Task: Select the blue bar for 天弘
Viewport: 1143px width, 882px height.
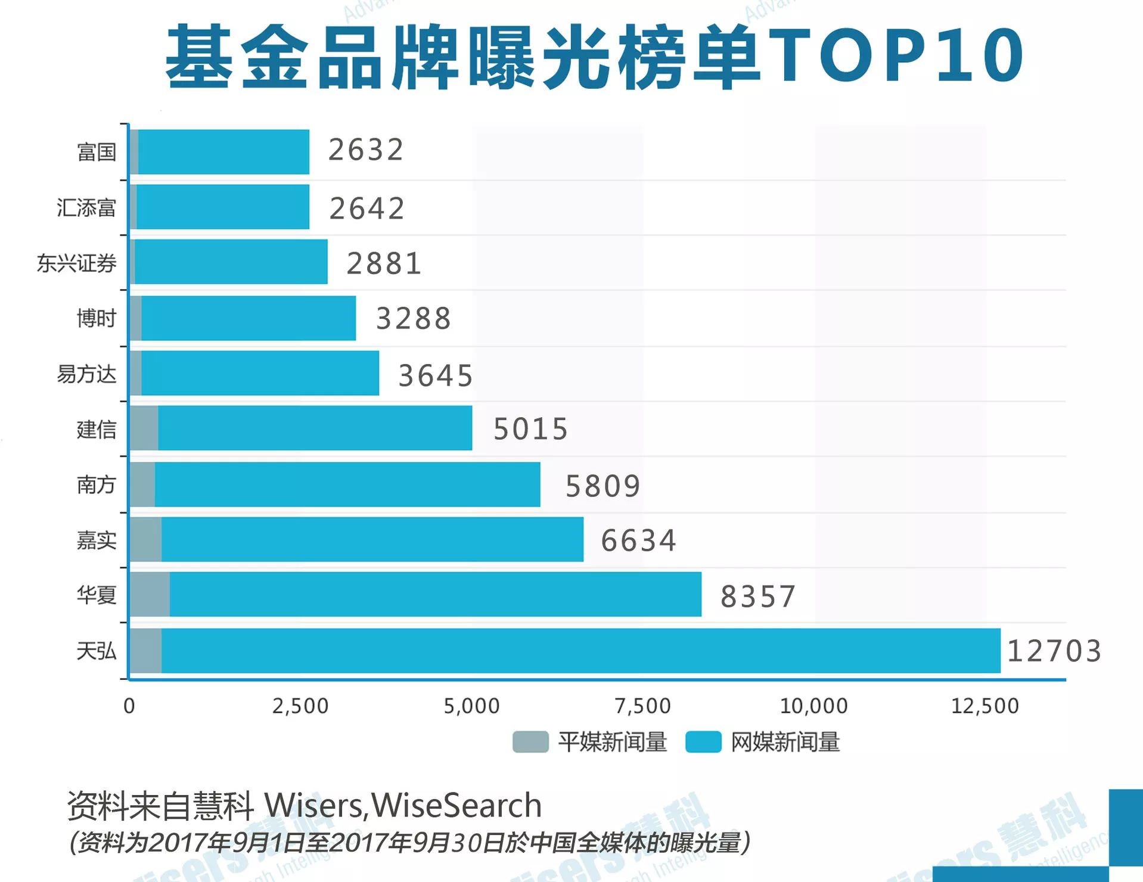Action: point(581,650)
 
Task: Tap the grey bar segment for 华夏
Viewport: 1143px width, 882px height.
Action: point(150,594)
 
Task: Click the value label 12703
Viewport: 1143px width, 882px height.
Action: point(1054,651)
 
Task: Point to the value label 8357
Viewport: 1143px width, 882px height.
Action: point(757,597)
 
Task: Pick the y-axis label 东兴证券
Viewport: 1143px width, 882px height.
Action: point(76,263)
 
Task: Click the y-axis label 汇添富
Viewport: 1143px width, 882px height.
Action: point(86,207)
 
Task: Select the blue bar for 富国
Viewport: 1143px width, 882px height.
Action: point(223,152)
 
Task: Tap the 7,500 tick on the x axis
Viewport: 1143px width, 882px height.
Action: point(642,706)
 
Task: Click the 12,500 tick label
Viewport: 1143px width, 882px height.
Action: point(984,706)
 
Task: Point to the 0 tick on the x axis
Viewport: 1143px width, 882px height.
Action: point(129,706)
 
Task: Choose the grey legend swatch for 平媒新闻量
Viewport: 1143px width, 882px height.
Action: point(530,742)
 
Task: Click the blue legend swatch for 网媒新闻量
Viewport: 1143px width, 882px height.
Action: point(703,742)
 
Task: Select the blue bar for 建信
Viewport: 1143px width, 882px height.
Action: point(315,428)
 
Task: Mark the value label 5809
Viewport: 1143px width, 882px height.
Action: point(602,486)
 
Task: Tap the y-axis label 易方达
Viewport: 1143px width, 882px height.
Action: point(86,374)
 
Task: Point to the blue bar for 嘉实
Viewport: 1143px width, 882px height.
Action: point(372,539)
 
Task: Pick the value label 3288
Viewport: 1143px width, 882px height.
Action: point(413,318)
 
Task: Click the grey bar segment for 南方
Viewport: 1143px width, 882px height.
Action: point(142,484)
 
